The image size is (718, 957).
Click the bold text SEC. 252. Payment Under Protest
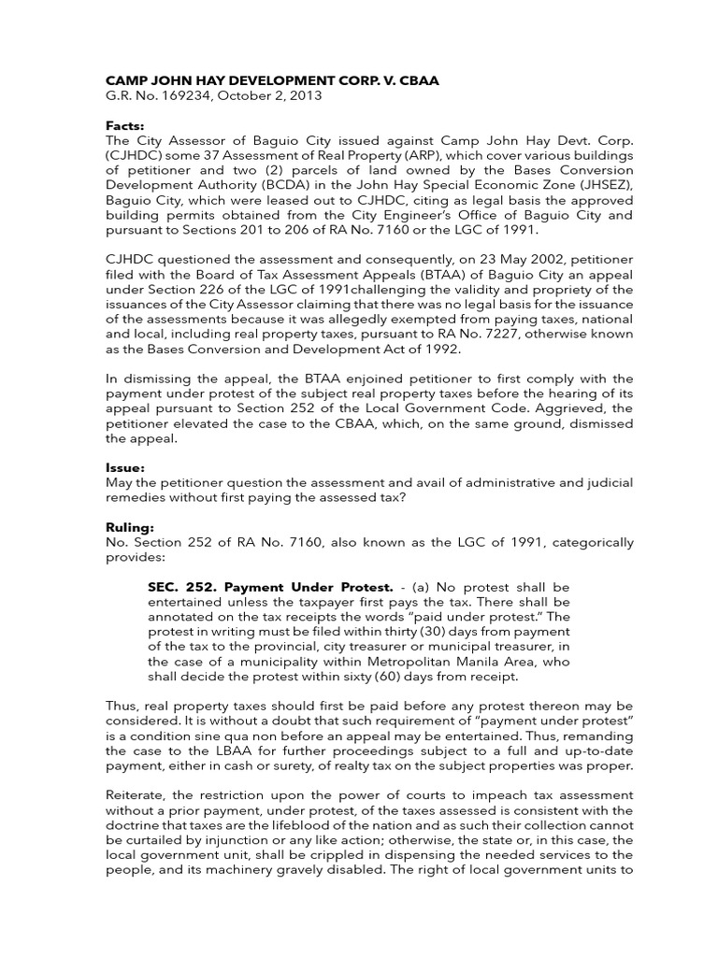tap(269, 587)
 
